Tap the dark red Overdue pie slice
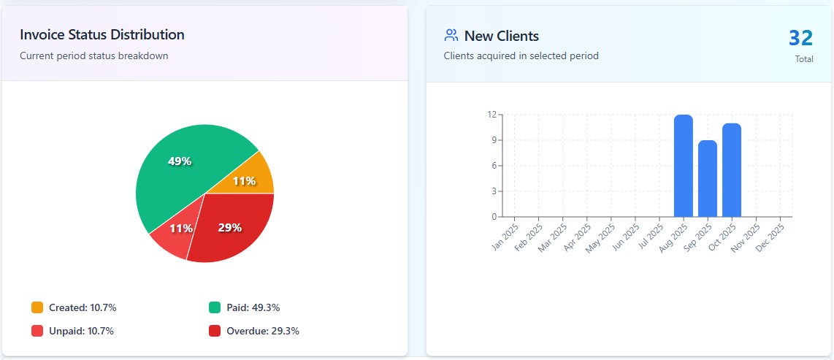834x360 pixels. pos(234,226)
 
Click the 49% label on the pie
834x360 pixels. pos(180,161)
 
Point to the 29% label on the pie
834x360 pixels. pos(229,228)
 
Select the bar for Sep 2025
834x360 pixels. pos(708,178)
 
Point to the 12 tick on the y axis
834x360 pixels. pos(492,115)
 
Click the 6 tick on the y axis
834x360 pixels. pos(494,166)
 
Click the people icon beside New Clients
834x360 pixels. pos(451,35)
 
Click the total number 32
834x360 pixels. pos(800,38)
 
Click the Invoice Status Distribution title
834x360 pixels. pos(102,34)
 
